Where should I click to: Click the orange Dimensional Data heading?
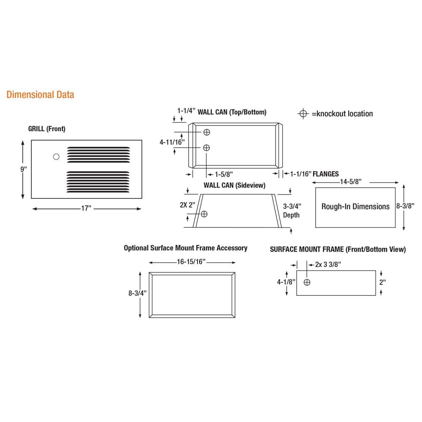[x=40, y=95]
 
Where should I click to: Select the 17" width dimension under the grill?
[x=87, y=208]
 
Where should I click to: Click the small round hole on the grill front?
[x=56, y=157]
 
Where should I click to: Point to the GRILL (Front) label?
[x=47, y=129]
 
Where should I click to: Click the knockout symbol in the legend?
[x=303, y=114]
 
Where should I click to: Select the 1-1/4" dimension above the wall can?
[x=186, y=111]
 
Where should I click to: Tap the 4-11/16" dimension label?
[x=172, y=143]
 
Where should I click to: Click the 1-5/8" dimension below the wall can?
[x=224, y=174]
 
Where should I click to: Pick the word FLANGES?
[x=325, y=174]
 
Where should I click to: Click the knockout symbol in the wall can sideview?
[x=204, y=214]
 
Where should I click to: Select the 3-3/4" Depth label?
[x=291, y=211]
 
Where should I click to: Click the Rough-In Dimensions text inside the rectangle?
[x=355, y=207]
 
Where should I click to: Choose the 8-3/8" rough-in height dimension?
[x=408, y=207]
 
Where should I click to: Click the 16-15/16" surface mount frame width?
[x=192, y=262]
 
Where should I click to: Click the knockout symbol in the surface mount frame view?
[x=307, y=282]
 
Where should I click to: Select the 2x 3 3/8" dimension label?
[x=328, y=264]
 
